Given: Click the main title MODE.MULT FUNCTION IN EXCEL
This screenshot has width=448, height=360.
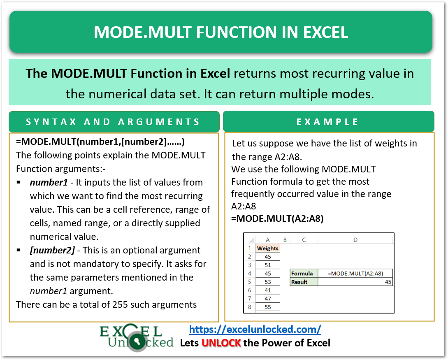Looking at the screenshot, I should [221, 32].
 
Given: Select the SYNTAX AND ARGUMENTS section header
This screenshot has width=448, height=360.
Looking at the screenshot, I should [113, 122].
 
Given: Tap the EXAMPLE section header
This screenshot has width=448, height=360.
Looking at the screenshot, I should [328, 122].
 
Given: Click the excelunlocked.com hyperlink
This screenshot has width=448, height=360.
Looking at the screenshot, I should [255, 329].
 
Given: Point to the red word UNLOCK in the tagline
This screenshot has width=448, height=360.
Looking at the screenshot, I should [221, 343].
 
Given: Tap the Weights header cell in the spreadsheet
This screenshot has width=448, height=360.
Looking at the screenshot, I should [267, 248].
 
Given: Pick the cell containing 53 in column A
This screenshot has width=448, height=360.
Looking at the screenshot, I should [267, 282].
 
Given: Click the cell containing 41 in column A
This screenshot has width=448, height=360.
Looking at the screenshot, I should [267, 290].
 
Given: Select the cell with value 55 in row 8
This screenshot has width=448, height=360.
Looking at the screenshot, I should [267, 307].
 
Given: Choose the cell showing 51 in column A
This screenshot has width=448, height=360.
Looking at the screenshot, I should [267, 265].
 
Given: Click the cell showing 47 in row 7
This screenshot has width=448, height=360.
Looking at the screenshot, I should [267, 299].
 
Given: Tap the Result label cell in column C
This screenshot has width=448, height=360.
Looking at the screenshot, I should [304, 282].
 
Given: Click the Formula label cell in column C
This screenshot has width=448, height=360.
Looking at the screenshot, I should [304, 273].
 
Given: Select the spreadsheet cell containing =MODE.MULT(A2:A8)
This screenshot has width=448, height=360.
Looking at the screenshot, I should [355, 273].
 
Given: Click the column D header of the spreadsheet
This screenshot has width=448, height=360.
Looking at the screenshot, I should [355, 239].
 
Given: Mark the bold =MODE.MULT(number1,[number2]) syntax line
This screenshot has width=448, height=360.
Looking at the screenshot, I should [100, 142].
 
